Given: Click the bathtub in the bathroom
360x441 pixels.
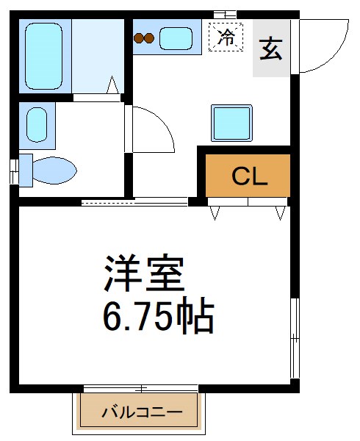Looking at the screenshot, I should (46, 55).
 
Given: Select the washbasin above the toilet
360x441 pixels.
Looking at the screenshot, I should (37, 123).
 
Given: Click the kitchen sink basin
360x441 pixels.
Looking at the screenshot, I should (176, 37).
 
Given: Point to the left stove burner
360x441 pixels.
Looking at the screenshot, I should (138, 37).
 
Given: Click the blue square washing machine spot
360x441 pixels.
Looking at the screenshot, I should (231, 122).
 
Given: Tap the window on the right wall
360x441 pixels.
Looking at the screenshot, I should (295, 337).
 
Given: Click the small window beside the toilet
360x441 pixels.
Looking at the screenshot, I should (14, 171).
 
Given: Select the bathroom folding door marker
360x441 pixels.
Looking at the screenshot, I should (113, 85).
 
